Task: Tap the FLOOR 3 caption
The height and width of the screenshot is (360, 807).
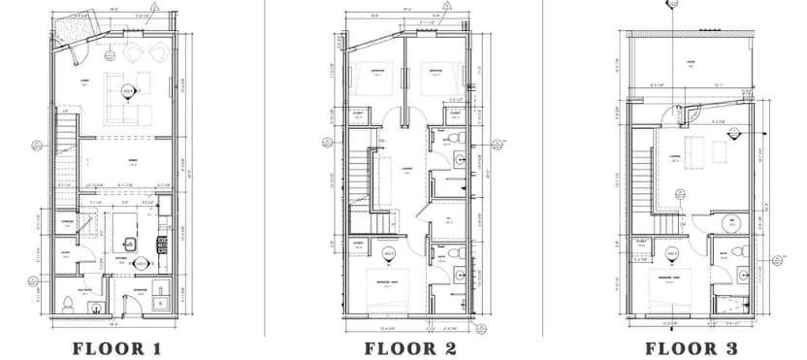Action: [692, 347]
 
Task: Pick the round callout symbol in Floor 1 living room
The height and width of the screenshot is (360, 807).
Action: [127, 90]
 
